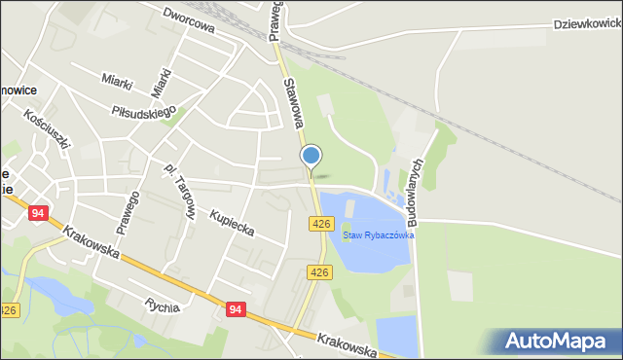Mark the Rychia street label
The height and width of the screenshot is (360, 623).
point(161,306)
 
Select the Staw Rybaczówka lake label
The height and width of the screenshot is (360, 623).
point(379,235)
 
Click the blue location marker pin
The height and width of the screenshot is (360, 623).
point(311,156)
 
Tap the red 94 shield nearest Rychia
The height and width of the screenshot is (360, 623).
point(235,308)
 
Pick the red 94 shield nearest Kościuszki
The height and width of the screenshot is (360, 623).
point(39,213)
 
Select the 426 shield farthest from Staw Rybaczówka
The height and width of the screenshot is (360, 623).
point(8,309)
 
